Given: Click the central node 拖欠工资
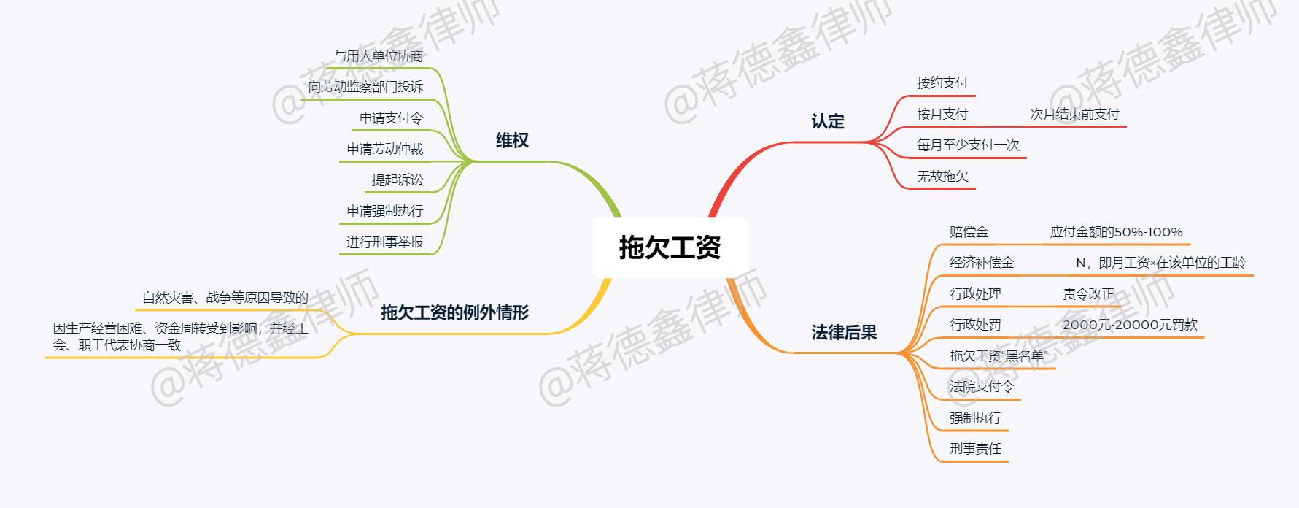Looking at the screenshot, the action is point(670,247).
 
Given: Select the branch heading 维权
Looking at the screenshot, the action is point(512,141).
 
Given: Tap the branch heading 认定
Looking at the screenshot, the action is point(828,122).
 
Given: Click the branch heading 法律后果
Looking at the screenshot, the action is point(844,333).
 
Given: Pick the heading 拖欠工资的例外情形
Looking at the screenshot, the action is point(454,313).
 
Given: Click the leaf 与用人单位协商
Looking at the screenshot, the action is point(378,56).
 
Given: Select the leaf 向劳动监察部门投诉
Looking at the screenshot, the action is point(365,87).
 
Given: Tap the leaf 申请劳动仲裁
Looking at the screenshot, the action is point(384,149).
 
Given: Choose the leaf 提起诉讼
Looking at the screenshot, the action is point(397,180).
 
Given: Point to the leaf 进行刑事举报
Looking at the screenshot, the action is point(384,242).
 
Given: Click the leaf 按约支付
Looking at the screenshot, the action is point(942,83).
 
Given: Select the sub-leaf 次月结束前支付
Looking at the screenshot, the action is point(1074,115).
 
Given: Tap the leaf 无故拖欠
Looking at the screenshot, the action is point(942,177).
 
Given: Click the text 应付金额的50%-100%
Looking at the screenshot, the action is point(1116,232).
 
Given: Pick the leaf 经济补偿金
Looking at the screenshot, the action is point(981,263).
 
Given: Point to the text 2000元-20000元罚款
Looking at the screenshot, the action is point(1130,325).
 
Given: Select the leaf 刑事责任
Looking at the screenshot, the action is point(975,449).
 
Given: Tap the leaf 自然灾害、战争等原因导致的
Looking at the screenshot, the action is point(225,298).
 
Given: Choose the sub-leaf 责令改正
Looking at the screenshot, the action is point(1088,294).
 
